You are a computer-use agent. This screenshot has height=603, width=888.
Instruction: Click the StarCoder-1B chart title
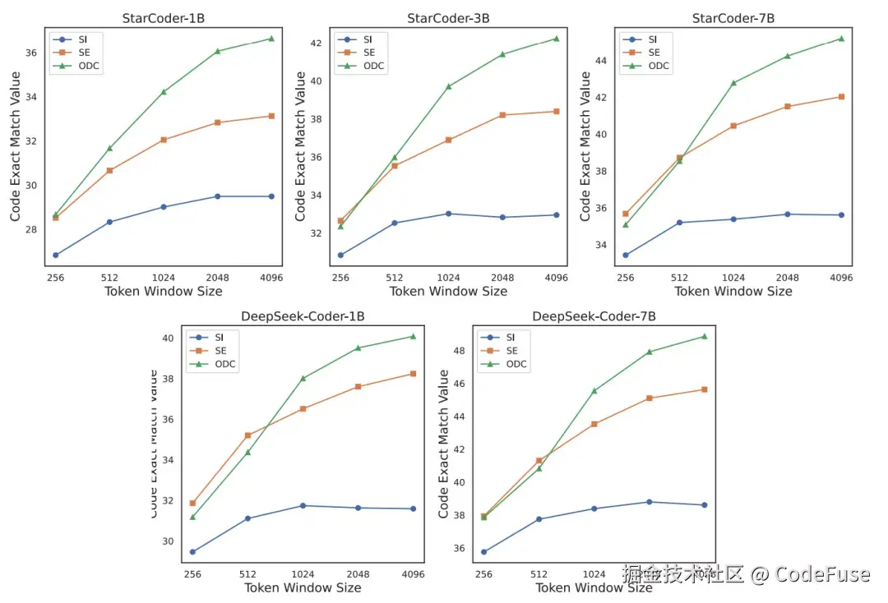pos(163,18)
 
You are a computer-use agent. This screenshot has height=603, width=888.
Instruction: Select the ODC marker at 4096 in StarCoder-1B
pos(271,39)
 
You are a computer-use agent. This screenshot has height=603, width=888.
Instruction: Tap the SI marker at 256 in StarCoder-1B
pos(55,255)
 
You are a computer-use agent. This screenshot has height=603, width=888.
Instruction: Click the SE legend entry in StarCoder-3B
pos(368,53)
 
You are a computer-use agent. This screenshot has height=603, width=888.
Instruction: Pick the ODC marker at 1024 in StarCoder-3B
pos(448,86)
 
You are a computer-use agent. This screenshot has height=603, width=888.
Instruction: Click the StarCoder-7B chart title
pos(733,18)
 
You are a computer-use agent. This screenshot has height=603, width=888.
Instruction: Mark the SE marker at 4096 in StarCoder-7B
pos(841,97)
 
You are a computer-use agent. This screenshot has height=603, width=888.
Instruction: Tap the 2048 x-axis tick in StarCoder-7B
pos(787,278)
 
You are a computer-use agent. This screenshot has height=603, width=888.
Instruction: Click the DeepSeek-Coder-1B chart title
pos(303,316)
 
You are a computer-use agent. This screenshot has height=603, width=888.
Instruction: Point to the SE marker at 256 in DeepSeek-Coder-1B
pos(192,504)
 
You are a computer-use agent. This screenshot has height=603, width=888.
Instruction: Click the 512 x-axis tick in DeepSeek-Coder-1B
pos(247,574)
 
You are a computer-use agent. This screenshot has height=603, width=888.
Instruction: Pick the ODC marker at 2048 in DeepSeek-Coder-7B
pos(650,352)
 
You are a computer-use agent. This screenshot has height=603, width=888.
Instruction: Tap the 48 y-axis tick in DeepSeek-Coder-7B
pos(460,351)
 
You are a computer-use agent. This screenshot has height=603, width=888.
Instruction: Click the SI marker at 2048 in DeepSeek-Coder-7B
pos(650,502)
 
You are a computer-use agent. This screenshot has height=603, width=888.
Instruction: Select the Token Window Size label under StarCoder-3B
pos(448,291)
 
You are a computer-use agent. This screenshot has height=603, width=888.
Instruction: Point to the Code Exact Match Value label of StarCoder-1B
pos(16,146)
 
